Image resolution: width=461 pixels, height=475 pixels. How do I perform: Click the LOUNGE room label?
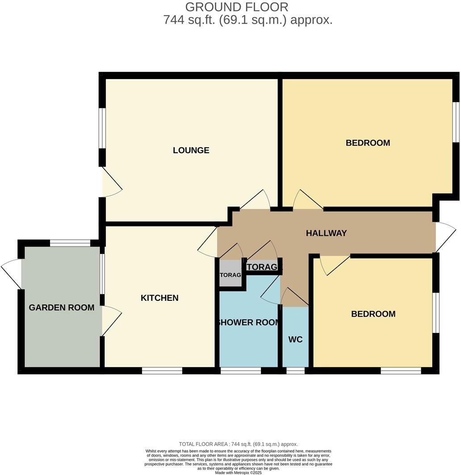pos(191,150)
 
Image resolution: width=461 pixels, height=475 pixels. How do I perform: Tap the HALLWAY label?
pos(326,233)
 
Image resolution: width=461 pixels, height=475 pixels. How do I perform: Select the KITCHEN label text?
pos(159,298)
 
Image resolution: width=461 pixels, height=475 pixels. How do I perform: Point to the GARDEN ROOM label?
pos(62,308)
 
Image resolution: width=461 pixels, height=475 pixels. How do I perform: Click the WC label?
pos(295,339)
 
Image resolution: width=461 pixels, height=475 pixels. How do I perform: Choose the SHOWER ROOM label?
pos(248,322)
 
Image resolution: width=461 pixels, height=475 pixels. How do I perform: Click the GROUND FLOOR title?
pos(236,7)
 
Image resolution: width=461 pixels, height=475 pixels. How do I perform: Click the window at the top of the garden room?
pos(70,243)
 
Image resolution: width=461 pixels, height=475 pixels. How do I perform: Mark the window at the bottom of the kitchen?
pos(162,371)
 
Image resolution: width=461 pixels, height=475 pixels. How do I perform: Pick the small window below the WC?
pos(295,371)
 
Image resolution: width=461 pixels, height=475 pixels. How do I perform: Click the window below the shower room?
pos(241,371)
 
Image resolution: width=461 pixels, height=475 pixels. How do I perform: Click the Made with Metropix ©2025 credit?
pos(238,472)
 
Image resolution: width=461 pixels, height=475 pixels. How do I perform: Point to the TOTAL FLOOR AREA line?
pos(238,444)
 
